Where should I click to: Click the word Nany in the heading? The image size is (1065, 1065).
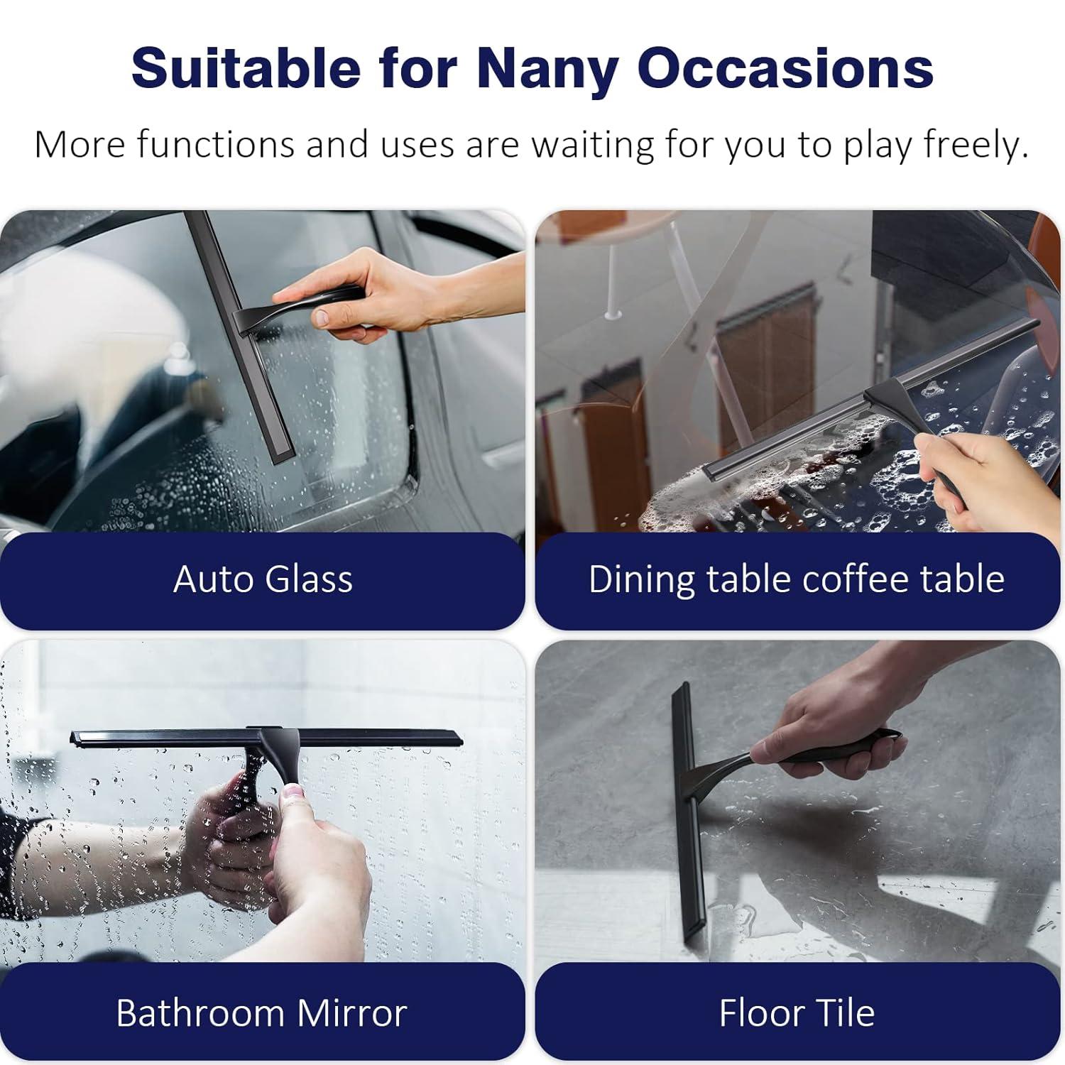545,69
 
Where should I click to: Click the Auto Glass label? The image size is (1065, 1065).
263,579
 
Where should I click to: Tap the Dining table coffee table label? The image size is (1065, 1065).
797,579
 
